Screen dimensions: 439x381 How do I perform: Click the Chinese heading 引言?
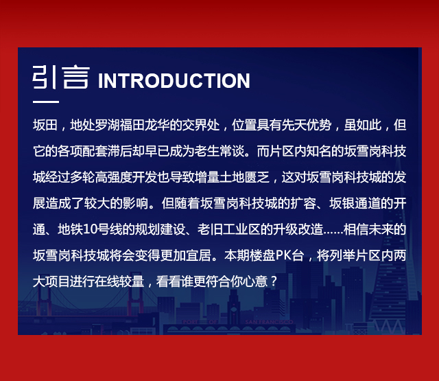pos(61,78)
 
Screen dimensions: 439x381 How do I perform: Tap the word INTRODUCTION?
pos(174,81)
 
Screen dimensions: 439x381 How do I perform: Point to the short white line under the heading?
pos(46,102)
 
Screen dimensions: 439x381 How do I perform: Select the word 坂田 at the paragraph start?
pos(45,125)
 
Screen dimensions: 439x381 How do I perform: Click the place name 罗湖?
pos(107,125)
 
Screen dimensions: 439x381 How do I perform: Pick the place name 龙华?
pos(157,125)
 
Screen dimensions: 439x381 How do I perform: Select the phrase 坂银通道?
pos(354,203)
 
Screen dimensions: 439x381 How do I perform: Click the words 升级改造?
pos(298,229)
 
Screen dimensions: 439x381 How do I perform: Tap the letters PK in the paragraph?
pos(283,255)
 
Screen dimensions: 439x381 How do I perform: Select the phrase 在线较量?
pos(119,281)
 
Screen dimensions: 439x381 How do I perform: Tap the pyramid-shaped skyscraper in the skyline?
pos(389,252)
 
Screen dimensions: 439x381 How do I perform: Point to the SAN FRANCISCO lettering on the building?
pos(269,322)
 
